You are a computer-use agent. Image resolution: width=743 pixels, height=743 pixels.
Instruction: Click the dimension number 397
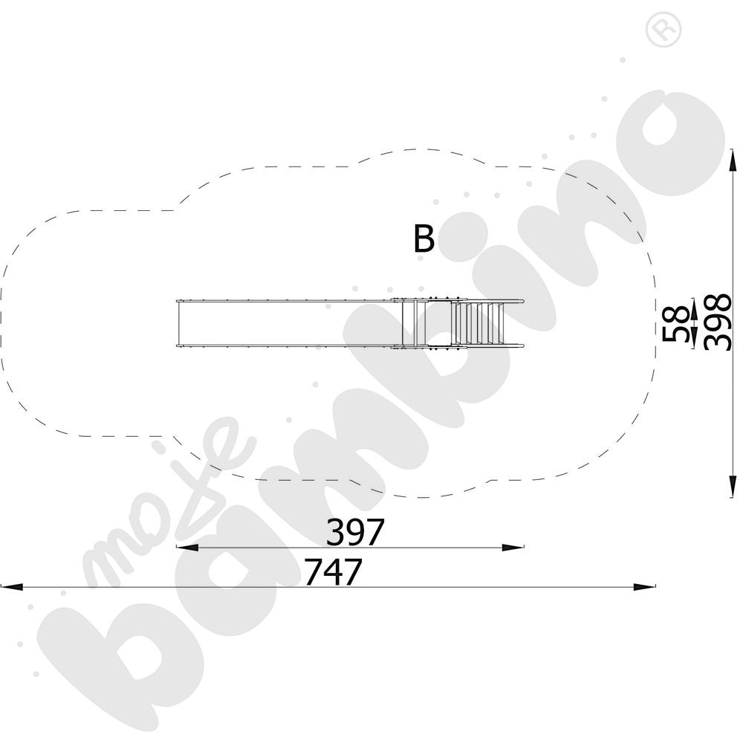point(354,532)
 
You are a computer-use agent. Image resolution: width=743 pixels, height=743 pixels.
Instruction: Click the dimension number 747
point(333,571)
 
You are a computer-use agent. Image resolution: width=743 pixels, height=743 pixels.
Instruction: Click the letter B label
point(424,239)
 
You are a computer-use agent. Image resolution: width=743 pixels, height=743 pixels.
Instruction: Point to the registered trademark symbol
point(663,29)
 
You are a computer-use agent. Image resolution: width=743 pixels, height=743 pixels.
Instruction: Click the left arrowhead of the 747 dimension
point(12,587)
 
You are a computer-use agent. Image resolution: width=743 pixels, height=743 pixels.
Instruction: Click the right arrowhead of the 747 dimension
point(644,587)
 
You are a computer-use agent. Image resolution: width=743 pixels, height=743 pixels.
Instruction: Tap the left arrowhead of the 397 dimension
point(187,548)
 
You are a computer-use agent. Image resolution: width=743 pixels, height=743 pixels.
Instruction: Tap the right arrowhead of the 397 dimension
point(513,548)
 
